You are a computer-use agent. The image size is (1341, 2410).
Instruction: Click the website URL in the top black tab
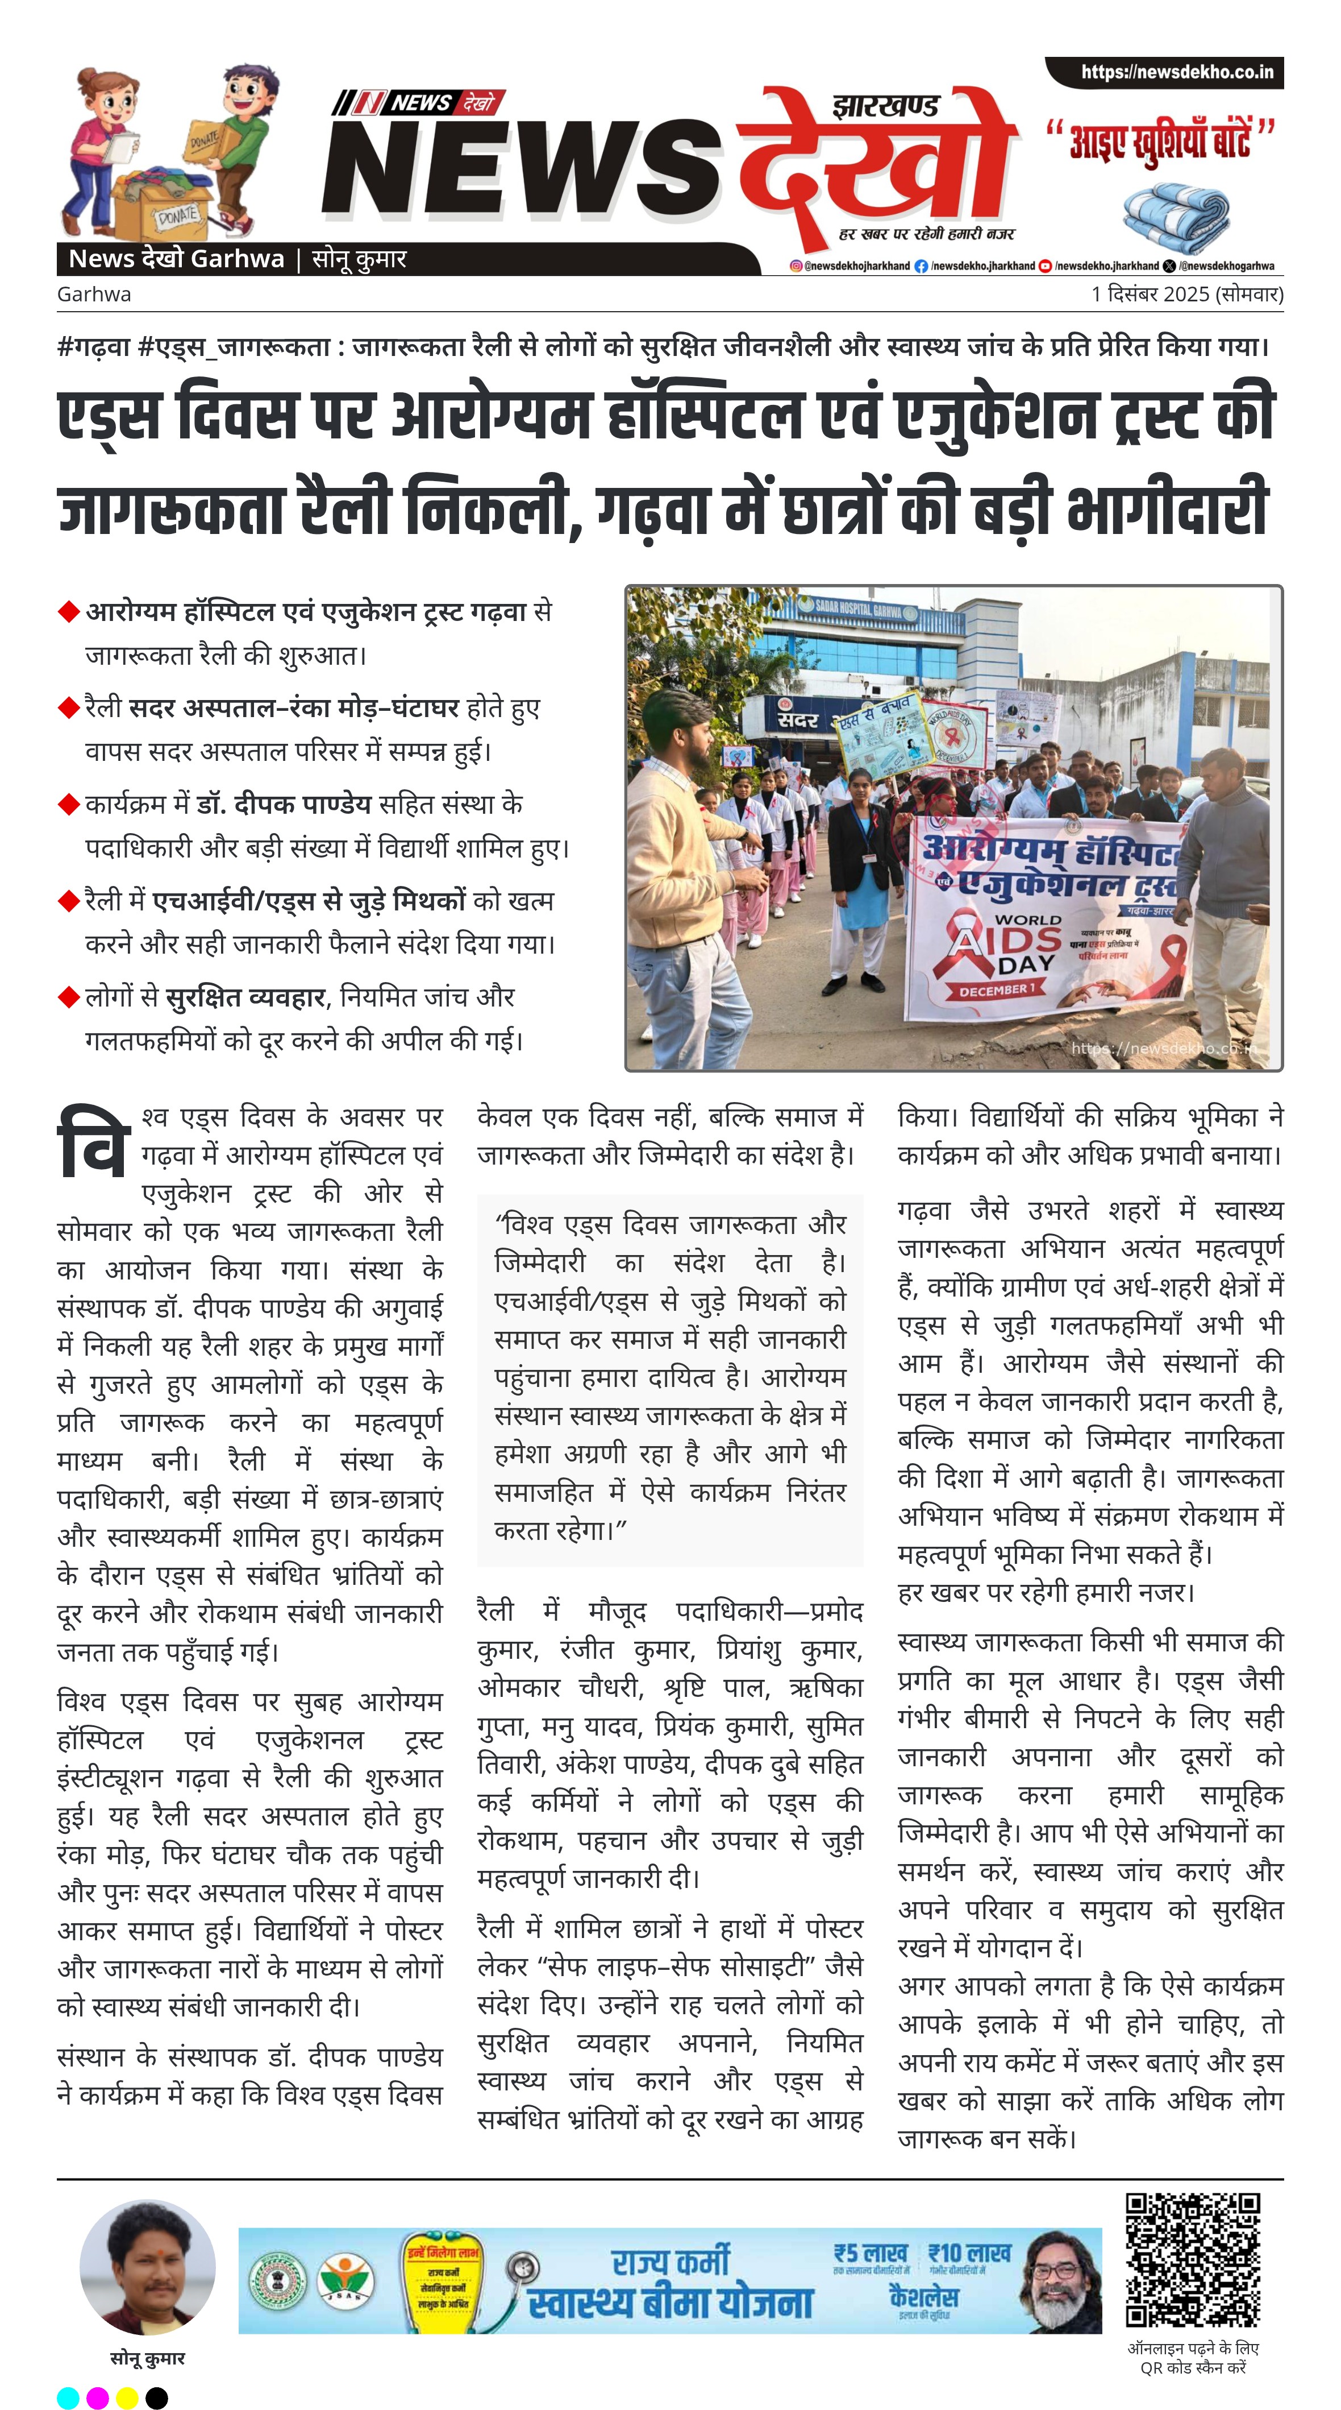click(1176, 72)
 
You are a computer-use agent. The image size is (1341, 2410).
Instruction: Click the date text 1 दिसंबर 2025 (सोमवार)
click(1186, 294)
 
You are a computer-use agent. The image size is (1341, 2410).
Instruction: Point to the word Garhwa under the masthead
click(94, 294)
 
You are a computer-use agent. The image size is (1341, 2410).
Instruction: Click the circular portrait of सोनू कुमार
click(148, 2267)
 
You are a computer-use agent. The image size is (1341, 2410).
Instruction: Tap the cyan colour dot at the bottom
click(68, 2397)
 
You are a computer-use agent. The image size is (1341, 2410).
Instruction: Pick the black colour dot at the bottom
click(157, 2397)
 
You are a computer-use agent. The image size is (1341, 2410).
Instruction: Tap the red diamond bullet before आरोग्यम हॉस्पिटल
click(68, 612)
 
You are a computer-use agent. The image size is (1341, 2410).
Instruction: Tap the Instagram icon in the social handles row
click(796, 266)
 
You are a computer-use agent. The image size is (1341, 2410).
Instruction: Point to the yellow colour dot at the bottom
click(127, 2397)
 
